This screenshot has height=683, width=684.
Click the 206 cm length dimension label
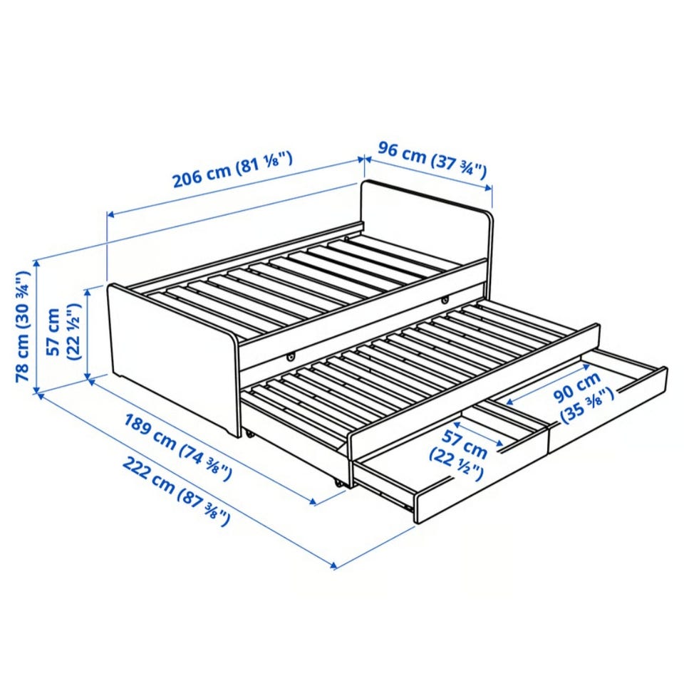pyautogui.click(x=232, y=170)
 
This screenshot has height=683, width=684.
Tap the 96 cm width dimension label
pyautogui.click(x=432, y=160)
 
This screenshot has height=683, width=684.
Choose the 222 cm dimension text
pyautogui.click(x=175, y=491)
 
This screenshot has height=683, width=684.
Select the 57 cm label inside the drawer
pyautogui.click(x=457, y=454)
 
